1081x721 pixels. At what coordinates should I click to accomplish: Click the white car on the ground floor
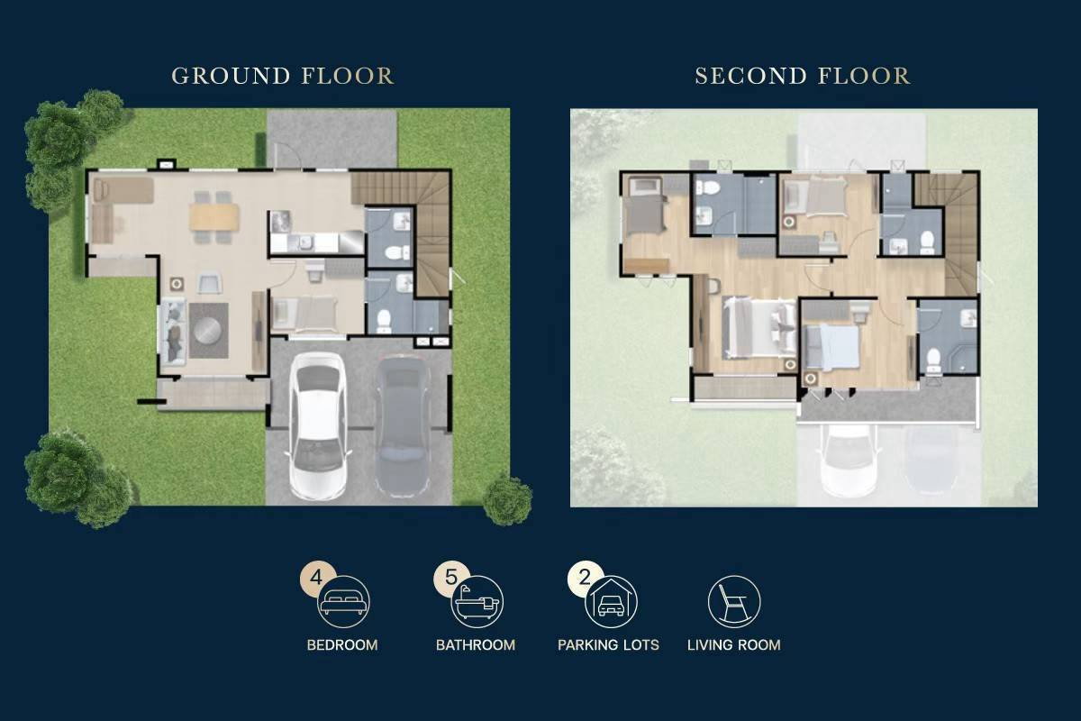click(x=317, y=426)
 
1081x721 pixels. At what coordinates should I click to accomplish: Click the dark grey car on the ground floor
click(x=403, y=426)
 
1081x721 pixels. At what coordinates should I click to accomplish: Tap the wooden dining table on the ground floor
click(x=214, y=217)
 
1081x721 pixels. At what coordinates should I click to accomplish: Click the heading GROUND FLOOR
click(x=283, y=76)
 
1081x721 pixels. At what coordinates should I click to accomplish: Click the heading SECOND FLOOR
click(x=803, y=76)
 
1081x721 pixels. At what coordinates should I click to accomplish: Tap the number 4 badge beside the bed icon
click(x=316, y=578)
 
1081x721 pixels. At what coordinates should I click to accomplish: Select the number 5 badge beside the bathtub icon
click(x=450, y=577)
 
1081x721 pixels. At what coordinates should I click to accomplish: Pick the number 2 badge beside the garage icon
click(x=585, y=577)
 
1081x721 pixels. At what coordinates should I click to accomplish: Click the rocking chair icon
click(x=734, y=602)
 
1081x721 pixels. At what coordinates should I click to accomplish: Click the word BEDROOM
click(x=342, y=645)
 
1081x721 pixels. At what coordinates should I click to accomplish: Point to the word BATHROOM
click(x=476, y=645)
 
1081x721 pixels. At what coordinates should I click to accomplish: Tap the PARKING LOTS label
click(x=608, y=645)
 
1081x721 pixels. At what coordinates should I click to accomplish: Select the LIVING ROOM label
click(x=734, y=645)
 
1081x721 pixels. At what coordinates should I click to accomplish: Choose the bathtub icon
click(x=477, y=602)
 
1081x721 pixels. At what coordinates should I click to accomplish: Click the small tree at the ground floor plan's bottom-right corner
click(x=507, y=500)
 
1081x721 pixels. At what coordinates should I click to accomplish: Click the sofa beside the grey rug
click(x=173, y=332)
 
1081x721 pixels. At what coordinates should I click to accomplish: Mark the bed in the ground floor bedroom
click(x=304, y=315)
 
